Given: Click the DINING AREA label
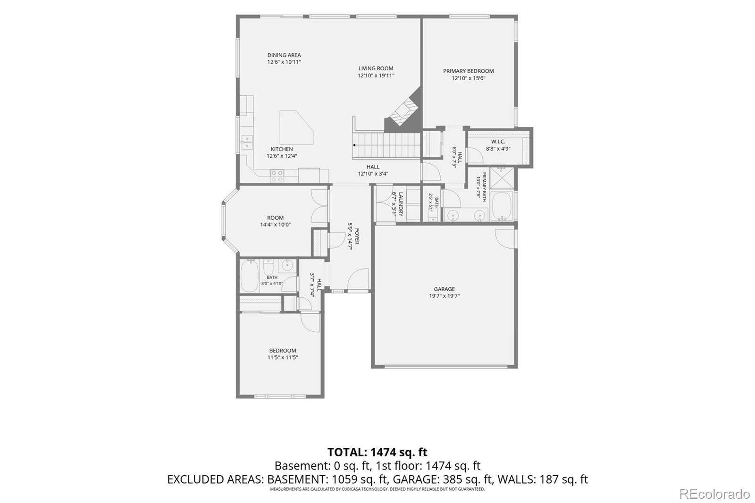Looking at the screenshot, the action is click(x=284, y=55).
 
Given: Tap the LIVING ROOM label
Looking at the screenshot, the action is click(x=376, y=68).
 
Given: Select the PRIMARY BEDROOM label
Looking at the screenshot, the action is click(x=469, y=71).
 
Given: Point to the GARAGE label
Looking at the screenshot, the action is click(x=444, y=289).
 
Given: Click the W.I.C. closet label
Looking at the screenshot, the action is click(x=498, y=142).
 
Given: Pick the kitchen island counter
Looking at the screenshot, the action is click(x=296, y=128).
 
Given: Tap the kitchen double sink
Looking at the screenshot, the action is click(x=247, y=143).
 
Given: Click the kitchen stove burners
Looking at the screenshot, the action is click(x=277, y=176).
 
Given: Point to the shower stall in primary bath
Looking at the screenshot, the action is click(x=502, y=178).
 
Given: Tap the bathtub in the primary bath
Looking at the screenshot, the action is click(x=502, y=206).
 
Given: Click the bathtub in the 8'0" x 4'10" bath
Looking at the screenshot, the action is click(x=250, y=276).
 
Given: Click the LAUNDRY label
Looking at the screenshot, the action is click(x=401, y=204).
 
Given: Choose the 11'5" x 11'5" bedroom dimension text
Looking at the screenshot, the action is click(x=283, y=357).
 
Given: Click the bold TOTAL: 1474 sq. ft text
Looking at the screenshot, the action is click(x=377, y=452).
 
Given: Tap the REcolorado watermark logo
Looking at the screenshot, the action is click(x=714, y=494).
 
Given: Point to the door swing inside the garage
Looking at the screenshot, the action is click(x=504, y=239).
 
